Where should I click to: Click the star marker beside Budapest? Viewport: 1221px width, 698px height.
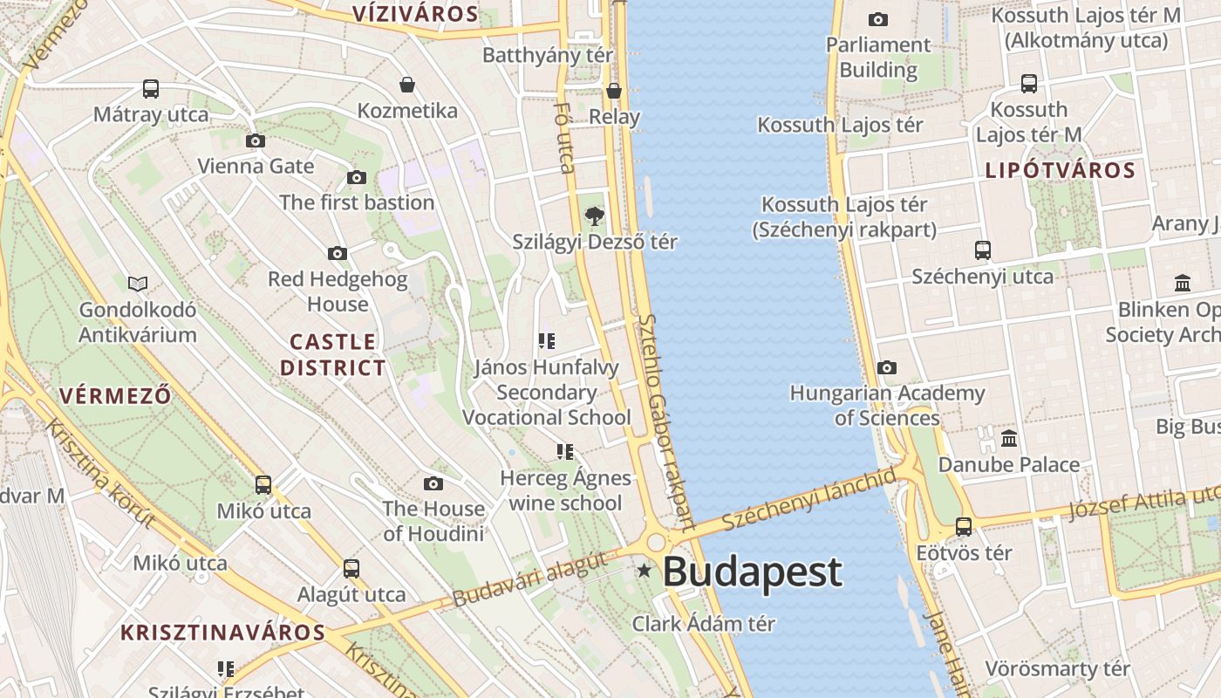[x=645, y=571]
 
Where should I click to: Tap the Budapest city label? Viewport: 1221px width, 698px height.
[x=752, y=572]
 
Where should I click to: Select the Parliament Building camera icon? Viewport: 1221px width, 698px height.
[x=878, y=19]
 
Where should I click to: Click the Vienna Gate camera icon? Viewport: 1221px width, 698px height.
[x=256, y=140]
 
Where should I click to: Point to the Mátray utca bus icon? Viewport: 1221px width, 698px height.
[x=151, y=88]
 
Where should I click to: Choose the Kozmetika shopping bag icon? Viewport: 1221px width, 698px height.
[x=407, y=85]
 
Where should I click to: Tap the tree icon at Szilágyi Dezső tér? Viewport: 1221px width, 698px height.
[x=594, y=215]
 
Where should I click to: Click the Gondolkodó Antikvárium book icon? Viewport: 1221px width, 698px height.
[x=138, y=283]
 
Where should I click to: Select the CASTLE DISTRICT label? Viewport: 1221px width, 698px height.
[x=333, y=354]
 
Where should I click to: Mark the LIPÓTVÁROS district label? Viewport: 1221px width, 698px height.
[x=1060, y=170]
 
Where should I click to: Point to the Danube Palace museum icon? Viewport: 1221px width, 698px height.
[x=1009, y=438]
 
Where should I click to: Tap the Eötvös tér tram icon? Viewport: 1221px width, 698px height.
[x=964, y=527]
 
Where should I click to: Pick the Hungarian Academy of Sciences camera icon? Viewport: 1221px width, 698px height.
[x=887, y=367]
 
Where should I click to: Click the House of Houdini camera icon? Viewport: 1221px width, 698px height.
[x=433, y=483]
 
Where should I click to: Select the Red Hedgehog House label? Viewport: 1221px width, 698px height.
[x=338, y=291]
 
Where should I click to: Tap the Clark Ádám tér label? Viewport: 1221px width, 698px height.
[x=703, y=624]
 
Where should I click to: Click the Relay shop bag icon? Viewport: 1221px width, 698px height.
[x=614, y=91]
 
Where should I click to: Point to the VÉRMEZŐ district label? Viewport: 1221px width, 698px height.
[x=115, y=395]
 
